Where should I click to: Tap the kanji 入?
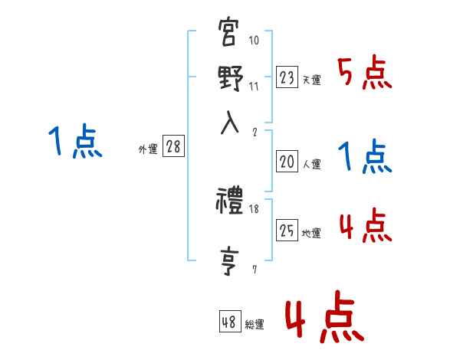click(x=230, y=123)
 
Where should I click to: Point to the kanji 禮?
click(x=230, y=203)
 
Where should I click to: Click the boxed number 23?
click(x=287, y=77)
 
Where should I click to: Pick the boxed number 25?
click(x=287, y=230)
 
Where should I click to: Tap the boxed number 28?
click(x=173, y=147)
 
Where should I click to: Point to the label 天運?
click(x=312, y=80)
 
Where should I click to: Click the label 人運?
click(x=312, y=164)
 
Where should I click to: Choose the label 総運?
click(x=255, y=325)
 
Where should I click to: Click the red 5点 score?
click(x=365, y=74)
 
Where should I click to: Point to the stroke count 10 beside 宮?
click(x=255, y=41)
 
